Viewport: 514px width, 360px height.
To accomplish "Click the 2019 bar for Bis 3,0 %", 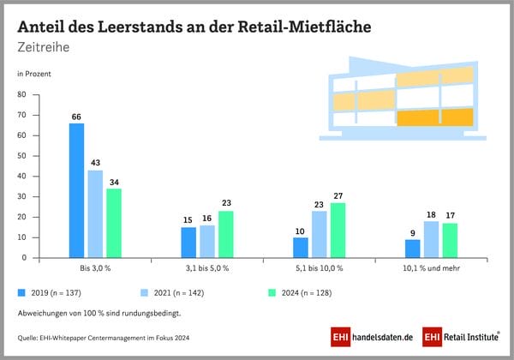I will (76, 190).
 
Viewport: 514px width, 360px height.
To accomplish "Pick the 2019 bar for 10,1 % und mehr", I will (412, 249).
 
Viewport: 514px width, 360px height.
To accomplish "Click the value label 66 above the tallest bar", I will (76, 116).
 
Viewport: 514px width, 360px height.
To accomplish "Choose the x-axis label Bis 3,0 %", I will (95, 269).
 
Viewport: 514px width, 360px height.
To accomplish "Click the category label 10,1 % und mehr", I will (431, 269).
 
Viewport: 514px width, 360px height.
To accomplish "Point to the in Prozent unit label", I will (35, 74).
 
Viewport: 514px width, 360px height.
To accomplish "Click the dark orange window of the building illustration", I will (434, 117).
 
